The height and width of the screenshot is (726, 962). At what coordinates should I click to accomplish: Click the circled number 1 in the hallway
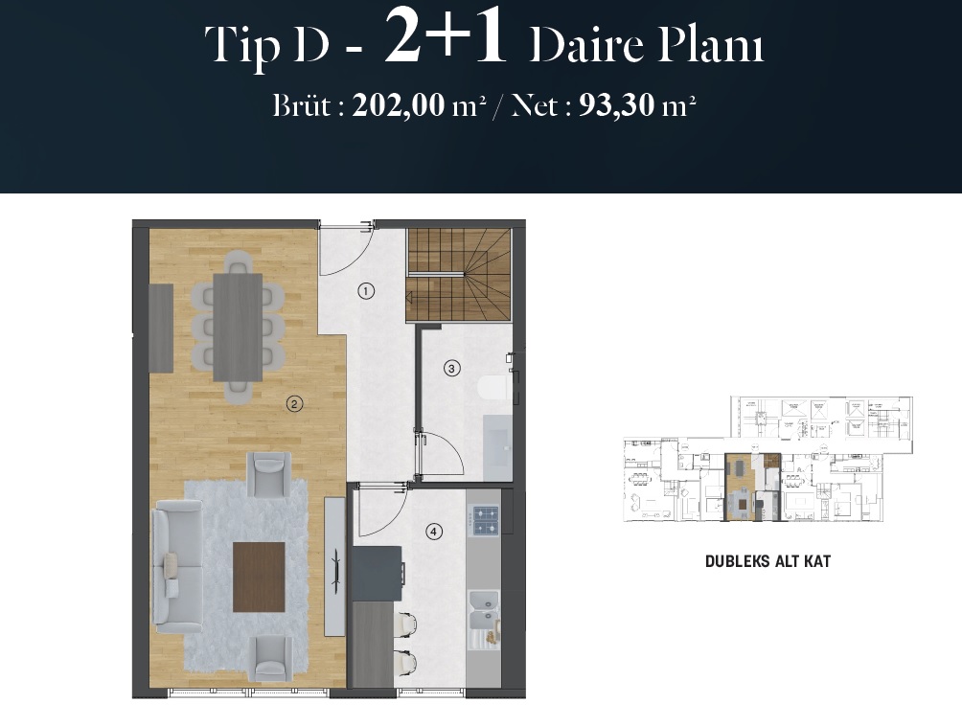(x=366, y=290)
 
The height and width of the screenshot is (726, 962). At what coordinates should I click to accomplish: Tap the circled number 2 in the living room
(x=294, y=403)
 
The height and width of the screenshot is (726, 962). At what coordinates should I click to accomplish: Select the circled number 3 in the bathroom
(x=452, y=369)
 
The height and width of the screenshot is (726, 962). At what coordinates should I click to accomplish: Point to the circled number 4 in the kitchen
(x=434, y=532)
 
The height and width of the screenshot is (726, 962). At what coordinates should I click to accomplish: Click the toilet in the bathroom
(x=492, y=388)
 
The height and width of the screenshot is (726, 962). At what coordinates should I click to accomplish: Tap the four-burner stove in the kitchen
(x=485, y=520)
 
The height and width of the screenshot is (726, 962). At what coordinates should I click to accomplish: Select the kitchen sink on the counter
(x=484, y=613)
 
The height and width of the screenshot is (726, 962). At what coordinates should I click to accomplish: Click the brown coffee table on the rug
(x=259, y=577)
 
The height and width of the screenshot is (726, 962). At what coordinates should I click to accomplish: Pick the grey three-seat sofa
(x=177, y=567)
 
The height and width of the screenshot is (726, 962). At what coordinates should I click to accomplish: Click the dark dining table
(x=238, y=327)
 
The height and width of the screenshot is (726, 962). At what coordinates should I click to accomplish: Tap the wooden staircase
(x=458, y=275)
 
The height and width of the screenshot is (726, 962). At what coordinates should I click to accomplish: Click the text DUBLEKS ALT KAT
(x=767, y=561)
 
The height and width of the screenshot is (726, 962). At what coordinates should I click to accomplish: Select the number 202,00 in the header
(x=399, y=104)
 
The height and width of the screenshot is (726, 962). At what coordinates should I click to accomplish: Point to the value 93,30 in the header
(x=617, y=104)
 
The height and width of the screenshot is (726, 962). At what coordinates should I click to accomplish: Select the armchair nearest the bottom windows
(x=272, y=658)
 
